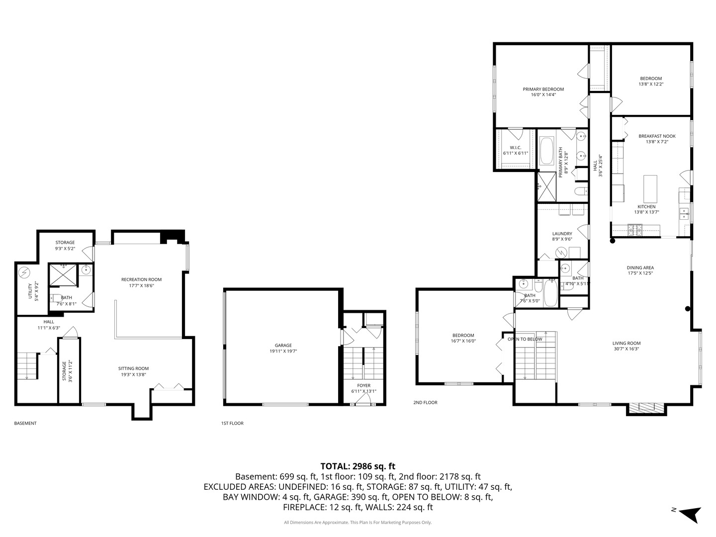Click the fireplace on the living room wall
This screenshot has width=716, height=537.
tap(645, 408)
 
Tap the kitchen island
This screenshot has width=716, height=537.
tap(650, 186)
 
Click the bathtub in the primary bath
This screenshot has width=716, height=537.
tap(546, 151)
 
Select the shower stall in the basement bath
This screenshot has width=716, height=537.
tap(63, 275)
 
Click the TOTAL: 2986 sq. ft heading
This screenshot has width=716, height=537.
tap(358, 466)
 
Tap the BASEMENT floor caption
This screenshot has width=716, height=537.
tap(25, 424)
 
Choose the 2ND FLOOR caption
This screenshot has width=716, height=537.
tap(425, 403)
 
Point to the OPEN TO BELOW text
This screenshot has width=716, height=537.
tap(525, 339)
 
